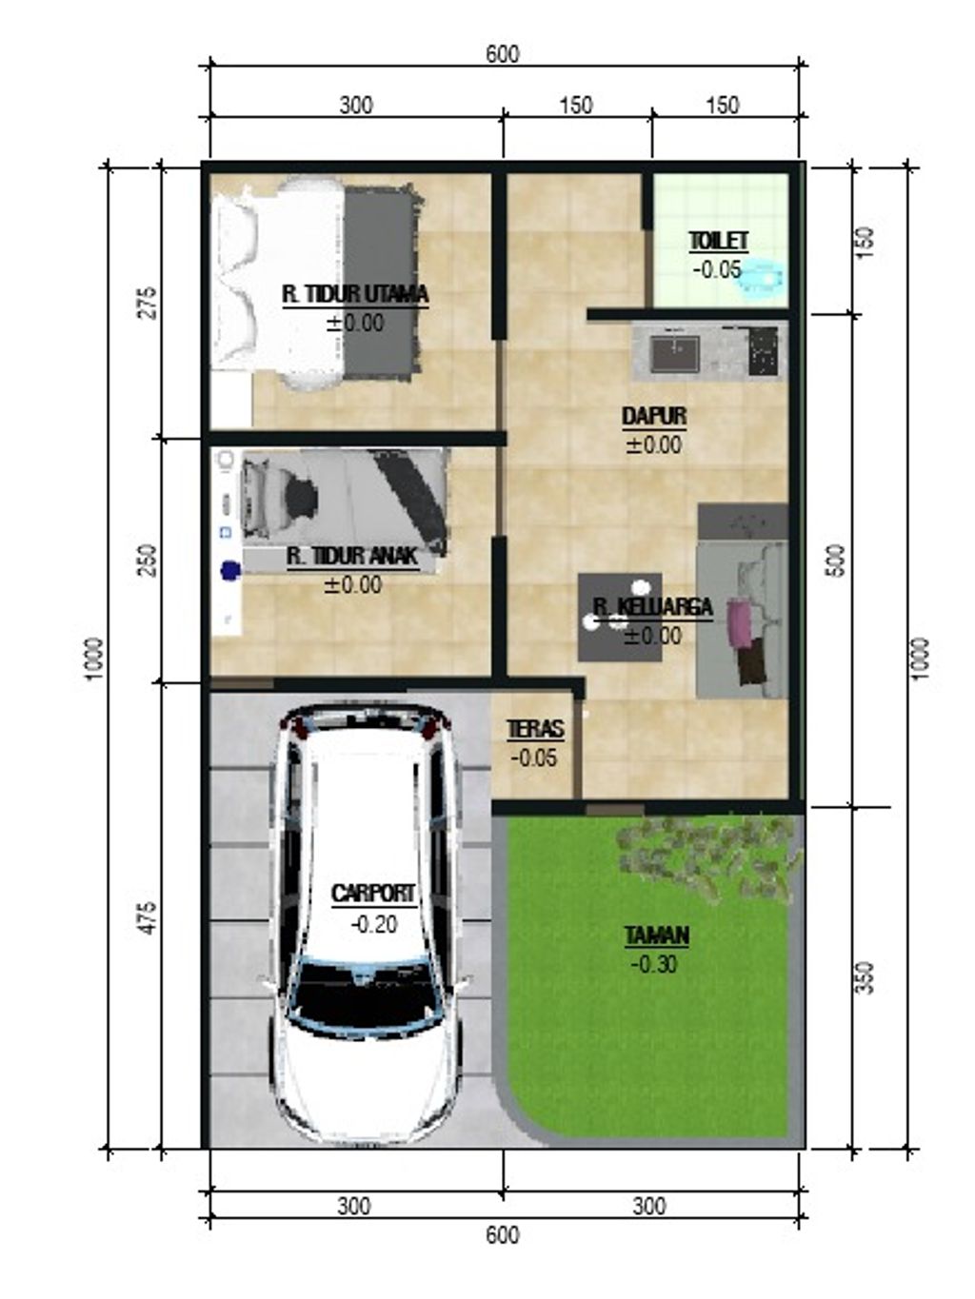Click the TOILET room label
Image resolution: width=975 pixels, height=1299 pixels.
coord(719,242)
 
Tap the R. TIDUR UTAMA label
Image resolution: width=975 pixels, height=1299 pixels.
coord(354,294)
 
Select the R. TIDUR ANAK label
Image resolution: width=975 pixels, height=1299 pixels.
coord(352,557)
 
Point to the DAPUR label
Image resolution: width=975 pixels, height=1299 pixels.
coord(653,417)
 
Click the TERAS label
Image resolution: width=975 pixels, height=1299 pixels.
coord(534,730)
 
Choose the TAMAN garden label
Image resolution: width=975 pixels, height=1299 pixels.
coord(656,936)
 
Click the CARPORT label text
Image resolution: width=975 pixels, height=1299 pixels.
coord(373,894)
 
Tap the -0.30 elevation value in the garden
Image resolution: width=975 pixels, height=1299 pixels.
coord(654,964)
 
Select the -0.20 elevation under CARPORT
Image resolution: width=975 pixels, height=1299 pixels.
coord(373,924)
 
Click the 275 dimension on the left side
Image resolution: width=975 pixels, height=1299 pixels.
coord(149,302)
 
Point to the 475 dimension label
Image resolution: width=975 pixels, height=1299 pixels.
coord(147,916)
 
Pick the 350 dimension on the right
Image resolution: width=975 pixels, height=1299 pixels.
coord(864,977)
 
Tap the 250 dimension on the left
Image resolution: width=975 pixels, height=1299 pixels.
coord(147,561)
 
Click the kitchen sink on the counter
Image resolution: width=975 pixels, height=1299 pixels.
coord(673,353)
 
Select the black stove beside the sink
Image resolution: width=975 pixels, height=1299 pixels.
coord(764,352)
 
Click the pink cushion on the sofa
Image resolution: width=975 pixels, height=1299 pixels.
coord(738,620)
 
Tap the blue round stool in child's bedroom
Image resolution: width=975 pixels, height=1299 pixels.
coord(229,571)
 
